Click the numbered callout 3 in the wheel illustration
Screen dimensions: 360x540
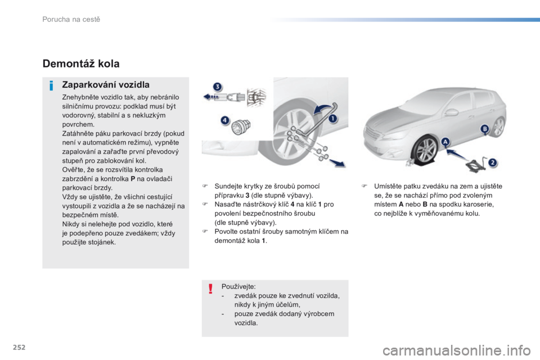tap(217, 87)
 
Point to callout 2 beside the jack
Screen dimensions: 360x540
tap(492, 163)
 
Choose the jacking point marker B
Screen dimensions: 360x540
tap(484, 130)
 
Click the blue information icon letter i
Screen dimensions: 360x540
tap(51, 86)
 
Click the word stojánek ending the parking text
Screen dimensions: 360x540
tap(102, 242)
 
